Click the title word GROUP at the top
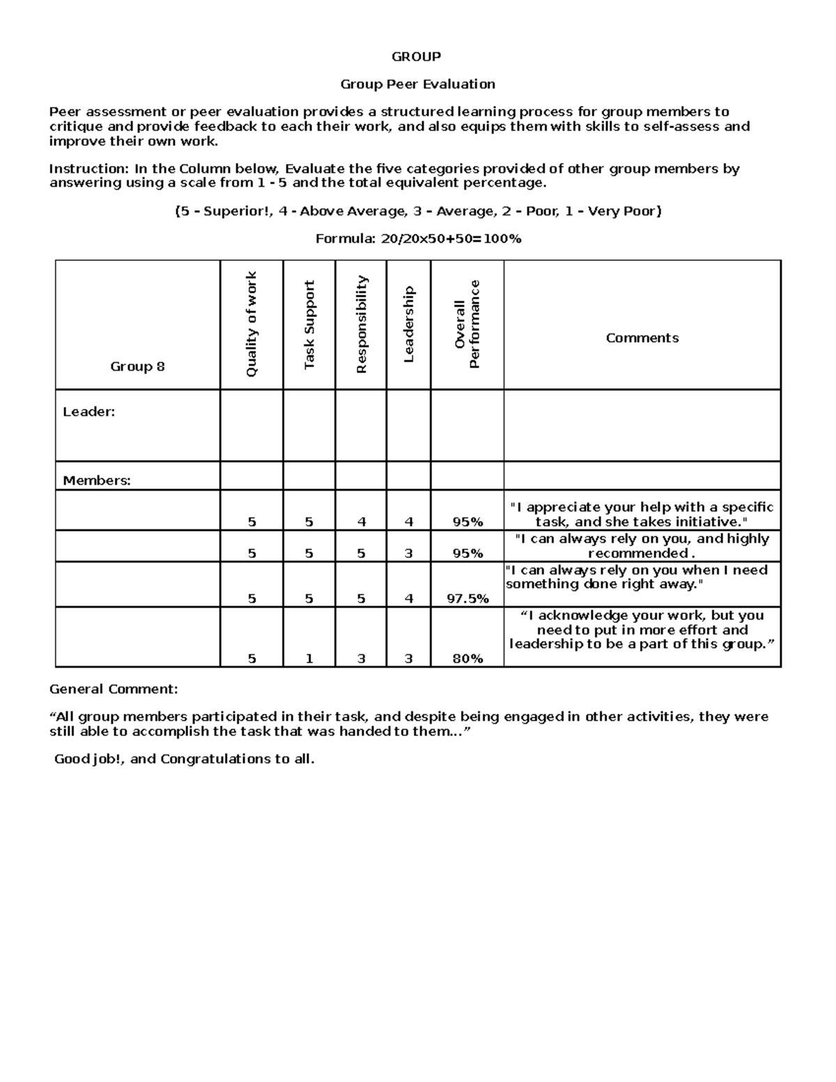(416, 56)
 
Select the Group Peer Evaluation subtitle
(417, 84)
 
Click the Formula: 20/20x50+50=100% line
(418, 239)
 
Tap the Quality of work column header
(251, 325)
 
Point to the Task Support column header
(309, 325)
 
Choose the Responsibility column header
(361, 325)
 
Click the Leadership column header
(408, 325)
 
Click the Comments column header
(642, 338)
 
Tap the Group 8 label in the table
(137, 366)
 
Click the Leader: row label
(88, 412)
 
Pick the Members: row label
(96, 481)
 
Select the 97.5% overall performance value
(467, 598)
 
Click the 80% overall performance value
(467, 658)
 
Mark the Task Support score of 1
(309, 658)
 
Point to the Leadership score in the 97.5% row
(408, 598)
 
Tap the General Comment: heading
(114, 689)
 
